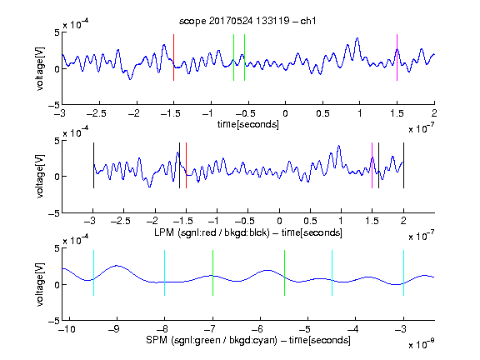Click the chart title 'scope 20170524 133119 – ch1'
click(247, 21)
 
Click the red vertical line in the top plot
click(174, 57)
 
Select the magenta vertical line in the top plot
click(397, 57)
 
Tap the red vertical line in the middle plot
click(186, 165)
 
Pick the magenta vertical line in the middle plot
click(372, 165)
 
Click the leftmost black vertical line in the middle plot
click(93, 165)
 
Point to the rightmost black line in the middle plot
click(404, 165)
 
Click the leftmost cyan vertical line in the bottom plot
click(93, 272)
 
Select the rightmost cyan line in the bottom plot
click(404, 272)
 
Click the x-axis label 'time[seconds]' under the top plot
click(248, 124)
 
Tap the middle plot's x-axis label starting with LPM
click(248, 232)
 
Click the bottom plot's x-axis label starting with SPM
click(248, 340)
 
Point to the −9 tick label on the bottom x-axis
click(115, 329)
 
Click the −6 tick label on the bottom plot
click(258, 329)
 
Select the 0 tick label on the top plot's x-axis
click(285, 113)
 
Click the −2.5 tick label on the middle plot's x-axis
click(120, 221)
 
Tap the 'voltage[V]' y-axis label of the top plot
click(40, 68)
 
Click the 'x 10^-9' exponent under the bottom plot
click(421, 344)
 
